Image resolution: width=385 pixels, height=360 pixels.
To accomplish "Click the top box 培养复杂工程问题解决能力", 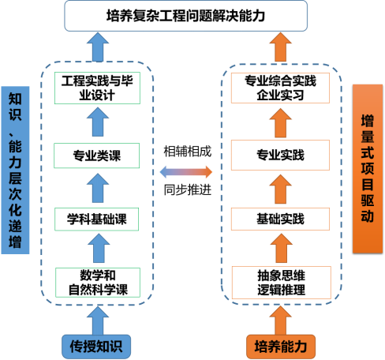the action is click(x=185, y=16).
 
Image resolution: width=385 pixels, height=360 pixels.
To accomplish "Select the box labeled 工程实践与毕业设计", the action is click(x=97, y=88).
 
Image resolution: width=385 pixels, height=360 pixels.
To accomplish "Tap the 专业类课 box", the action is click(x=97, y=156).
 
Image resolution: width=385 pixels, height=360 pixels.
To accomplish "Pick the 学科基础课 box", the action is click(x=96, y=219).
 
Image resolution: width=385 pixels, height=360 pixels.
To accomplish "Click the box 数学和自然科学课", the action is click(x=98, y=283).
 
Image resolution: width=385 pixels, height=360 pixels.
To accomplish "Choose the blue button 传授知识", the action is click(x=96, y=347).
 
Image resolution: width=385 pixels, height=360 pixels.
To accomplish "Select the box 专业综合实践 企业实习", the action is click(x=280, y=88).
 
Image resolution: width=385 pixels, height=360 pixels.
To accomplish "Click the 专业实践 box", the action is click(x=280, y=155).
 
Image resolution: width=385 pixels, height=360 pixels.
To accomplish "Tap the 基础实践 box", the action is click(x=280, y=219).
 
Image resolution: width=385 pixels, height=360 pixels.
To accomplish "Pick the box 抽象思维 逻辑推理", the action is click(x=282, y=283).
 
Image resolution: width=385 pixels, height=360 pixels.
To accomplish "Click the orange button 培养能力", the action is click(x=281, y=347).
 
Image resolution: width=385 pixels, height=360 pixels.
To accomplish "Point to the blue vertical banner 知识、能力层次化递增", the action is click(x=15, y=170).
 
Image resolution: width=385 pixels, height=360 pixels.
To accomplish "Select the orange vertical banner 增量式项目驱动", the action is click(x=368, y=169).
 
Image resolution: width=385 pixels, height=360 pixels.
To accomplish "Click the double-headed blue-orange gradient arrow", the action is click(x=186, y=172).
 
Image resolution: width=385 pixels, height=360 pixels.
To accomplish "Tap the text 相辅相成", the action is click(x=188, y=152).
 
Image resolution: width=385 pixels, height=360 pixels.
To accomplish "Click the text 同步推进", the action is click(x=188, y=189).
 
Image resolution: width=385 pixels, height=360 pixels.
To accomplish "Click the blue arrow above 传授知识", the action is click(x=98, y=321).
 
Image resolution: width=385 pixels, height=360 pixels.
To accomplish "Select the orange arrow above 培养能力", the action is click(x=281, y=321).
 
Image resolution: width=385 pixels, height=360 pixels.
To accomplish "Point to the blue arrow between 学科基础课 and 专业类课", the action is click(x=98, y=188).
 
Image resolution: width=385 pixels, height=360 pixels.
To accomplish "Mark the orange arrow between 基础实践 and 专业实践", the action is click(x=281, y=189).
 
